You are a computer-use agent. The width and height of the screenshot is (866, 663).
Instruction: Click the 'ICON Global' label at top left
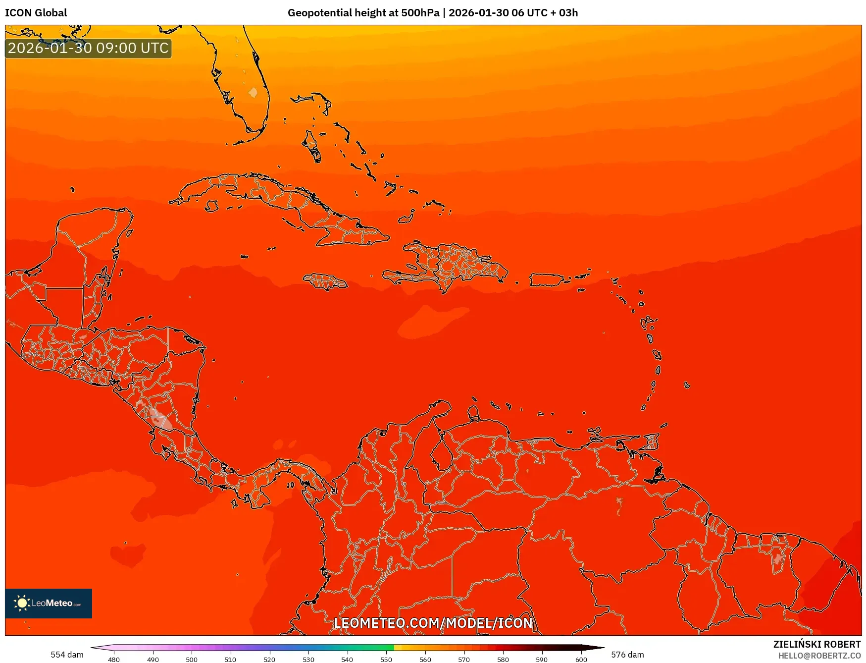(36, 13)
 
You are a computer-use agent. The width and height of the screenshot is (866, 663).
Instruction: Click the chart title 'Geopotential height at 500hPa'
(363, 13)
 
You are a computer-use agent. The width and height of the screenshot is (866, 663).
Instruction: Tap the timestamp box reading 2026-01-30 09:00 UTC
(88, 48)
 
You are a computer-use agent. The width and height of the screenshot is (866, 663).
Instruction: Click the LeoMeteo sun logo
(22, 603)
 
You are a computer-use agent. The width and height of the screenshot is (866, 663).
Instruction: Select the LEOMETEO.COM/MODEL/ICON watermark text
(433, 623)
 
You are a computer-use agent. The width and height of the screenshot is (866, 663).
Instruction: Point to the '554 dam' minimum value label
(67, 655)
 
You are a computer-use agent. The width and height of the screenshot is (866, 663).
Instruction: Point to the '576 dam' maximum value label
(627, 655)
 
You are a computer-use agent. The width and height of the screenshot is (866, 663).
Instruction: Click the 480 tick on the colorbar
(114, 659)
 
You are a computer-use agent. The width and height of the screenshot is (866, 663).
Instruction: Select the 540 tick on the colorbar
(347, 659)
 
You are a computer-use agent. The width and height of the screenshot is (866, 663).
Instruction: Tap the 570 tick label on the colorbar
(464, 659)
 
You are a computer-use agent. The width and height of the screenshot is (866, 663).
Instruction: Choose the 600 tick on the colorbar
(581, 659)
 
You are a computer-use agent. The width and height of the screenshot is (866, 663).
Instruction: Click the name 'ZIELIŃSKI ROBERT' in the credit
(817, 644)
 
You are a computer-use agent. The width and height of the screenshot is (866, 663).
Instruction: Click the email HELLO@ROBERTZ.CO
(819, 656)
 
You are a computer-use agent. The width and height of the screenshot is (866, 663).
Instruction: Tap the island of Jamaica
(325, 282)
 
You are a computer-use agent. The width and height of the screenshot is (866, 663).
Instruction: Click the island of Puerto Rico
(546, 280)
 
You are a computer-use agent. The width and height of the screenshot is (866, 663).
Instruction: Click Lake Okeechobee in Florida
(253, 92)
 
